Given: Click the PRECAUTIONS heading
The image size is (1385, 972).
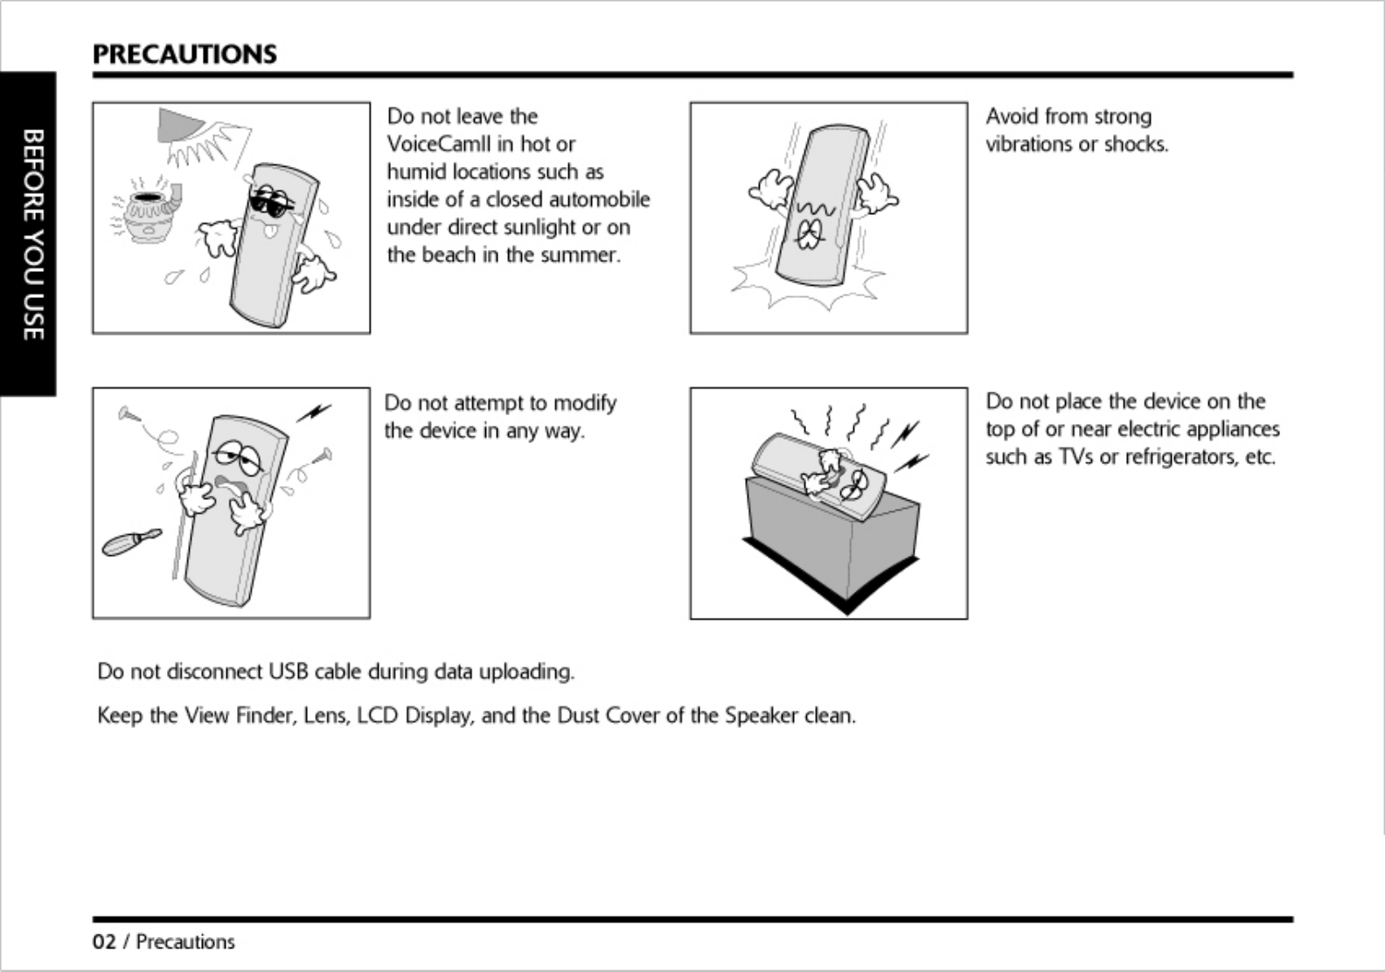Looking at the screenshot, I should (184, 54).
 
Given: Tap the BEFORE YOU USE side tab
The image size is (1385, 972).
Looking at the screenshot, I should (31, 234).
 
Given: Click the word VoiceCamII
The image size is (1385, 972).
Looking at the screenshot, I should (439, 144).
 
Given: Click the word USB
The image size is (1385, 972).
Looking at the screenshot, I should (289, 671).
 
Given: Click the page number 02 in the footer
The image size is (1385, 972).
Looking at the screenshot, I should (104, 942).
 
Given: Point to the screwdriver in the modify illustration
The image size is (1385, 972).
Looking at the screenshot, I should (131, 542).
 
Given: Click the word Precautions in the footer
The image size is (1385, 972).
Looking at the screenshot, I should (185, 942).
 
